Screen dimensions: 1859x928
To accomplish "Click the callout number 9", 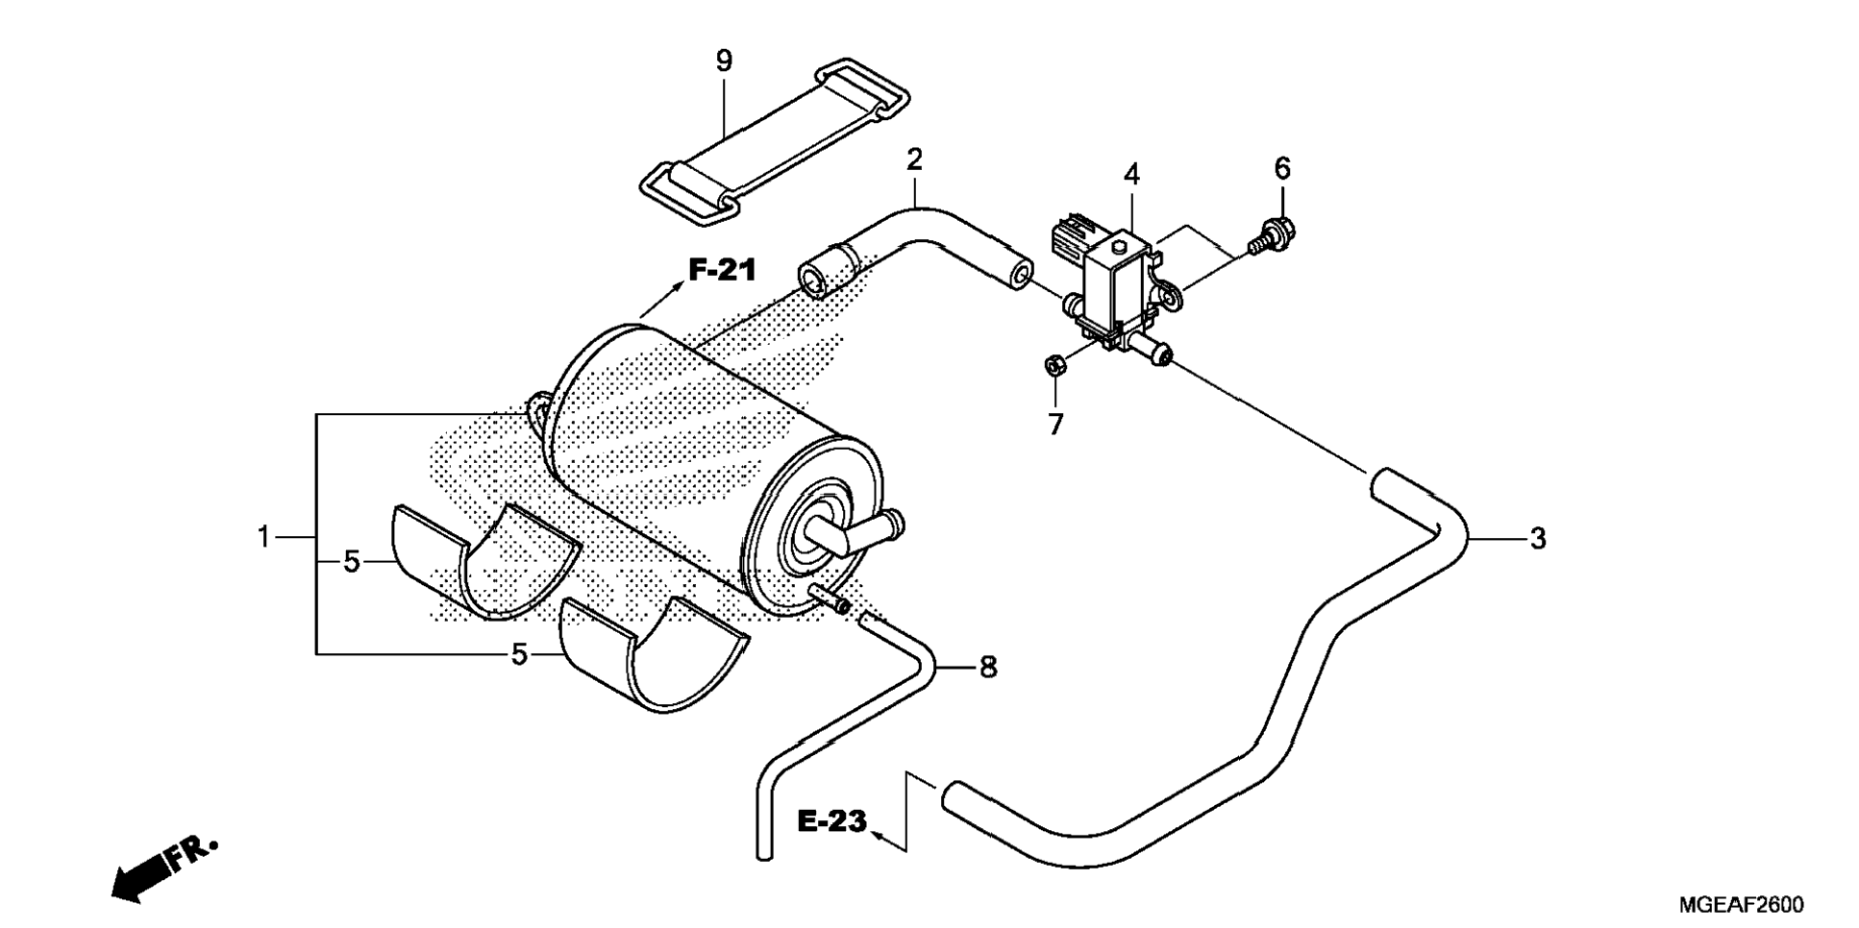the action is coord(724,61).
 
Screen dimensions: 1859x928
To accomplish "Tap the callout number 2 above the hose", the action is coord(914,159).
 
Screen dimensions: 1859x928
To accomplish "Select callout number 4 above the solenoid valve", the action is coord(1131,175).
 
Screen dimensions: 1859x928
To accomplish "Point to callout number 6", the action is coord(1282,168).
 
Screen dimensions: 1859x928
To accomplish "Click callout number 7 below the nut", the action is coord(1055,424).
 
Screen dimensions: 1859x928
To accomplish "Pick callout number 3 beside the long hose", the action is coord(1537,539).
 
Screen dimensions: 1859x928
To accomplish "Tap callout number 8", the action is coord(988,667).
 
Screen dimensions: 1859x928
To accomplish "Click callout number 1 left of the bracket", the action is coord(263,537).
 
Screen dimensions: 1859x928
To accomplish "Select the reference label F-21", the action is coord(722,270).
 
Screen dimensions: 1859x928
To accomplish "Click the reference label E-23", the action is coord(832,821).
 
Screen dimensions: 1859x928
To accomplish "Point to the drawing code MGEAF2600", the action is coord(1741,905).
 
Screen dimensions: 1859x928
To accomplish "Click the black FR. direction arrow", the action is coord(165,870).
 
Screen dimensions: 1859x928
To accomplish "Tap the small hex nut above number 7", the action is coord(1053,365).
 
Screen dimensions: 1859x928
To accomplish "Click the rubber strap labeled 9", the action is coord(775,144).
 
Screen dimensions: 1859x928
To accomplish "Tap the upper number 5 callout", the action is coord(352,562).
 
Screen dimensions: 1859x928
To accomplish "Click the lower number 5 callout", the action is coord(519,655).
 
